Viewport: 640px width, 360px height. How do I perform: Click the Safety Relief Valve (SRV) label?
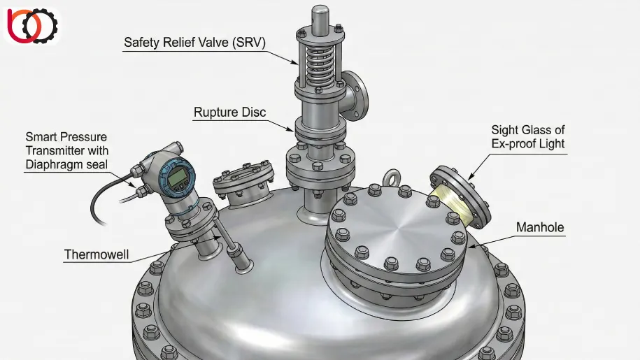(194, 43)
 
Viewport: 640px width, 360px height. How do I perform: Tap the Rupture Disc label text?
(230, 112)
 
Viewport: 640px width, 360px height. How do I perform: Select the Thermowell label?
(97, 254)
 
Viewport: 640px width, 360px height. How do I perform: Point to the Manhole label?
(540, 227)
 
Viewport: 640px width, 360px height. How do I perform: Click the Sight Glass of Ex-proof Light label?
(528, 137)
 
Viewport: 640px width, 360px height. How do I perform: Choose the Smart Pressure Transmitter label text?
(67, 150)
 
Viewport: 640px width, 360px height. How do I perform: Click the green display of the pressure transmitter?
(177, 178)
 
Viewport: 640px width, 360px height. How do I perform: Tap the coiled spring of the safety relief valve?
(320, 66)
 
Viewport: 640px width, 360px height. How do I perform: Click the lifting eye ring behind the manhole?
(392, 177)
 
